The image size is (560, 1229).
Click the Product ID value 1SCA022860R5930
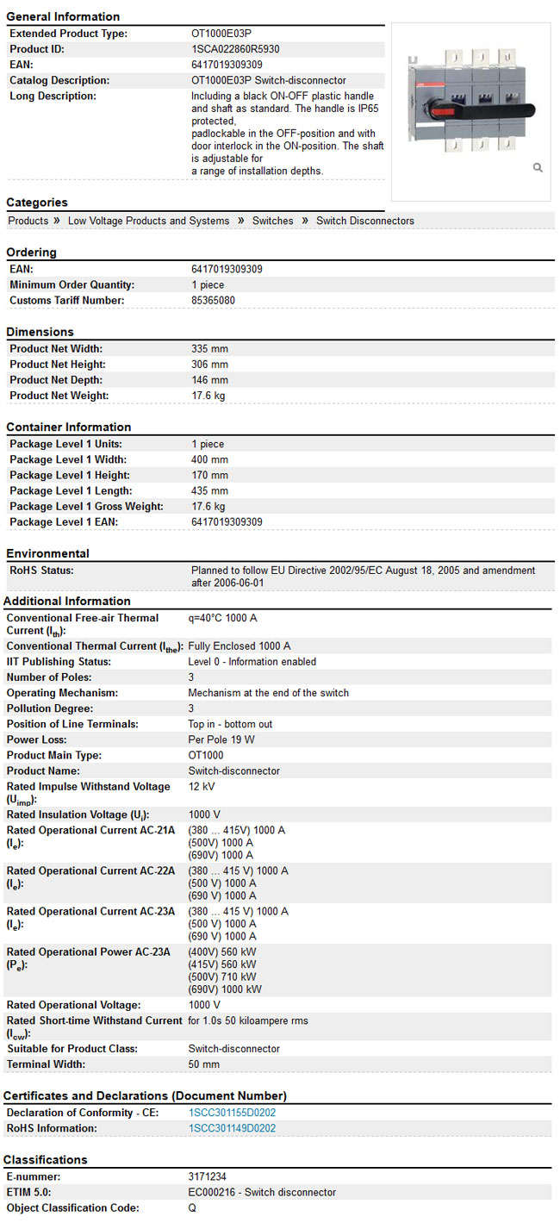click(x=235, y=49)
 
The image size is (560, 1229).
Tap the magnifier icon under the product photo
click(x=538, y=167)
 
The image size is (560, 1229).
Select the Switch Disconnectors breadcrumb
click(x=364, y=221)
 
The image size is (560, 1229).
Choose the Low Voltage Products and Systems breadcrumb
click(x=148, y=221)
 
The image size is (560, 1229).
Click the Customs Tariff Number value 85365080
click(x=213, y=301)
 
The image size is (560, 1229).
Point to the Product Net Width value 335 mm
click(x=209, y=349)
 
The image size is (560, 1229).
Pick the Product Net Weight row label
click(x=59, y=396)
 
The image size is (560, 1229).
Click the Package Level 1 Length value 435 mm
click(x=209, y=490)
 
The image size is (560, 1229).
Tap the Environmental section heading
click(x=47, y=553)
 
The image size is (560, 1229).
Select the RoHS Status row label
click(x=41, y=571)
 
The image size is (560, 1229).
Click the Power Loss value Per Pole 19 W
click(x=221, y=739)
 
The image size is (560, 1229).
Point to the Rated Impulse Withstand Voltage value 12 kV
click(x=202, y=786)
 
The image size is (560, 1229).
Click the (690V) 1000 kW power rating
click(x=225, y=989)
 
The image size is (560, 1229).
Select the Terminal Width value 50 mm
click(x=203, y=1064)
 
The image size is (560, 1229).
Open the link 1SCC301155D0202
click(x=232, y=1113)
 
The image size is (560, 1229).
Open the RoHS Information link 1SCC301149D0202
click(x=232, y=1128)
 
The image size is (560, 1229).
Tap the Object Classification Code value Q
click(x=192, y=1207)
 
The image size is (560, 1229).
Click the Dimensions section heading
click(x=40, y=332)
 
